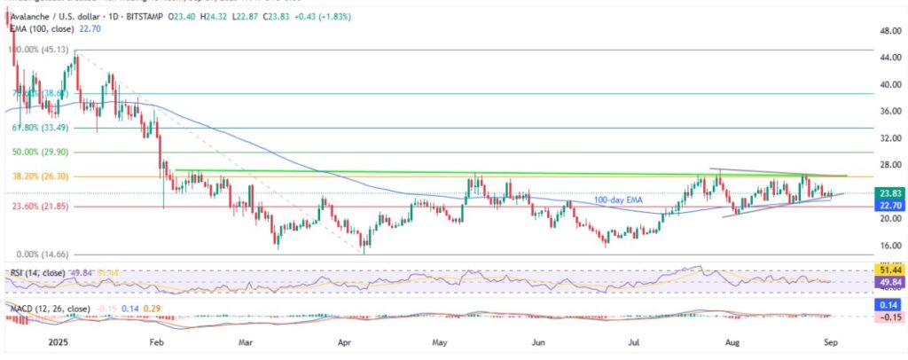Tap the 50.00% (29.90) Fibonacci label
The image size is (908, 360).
click(x=35, y=152)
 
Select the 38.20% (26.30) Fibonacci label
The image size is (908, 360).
click(x=35, y=176)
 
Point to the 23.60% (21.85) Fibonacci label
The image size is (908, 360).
click(x=35, y=206)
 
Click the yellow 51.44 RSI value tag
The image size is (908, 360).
click(x=890, y=268)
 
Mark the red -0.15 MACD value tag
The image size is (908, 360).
click(x=890, y=317)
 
